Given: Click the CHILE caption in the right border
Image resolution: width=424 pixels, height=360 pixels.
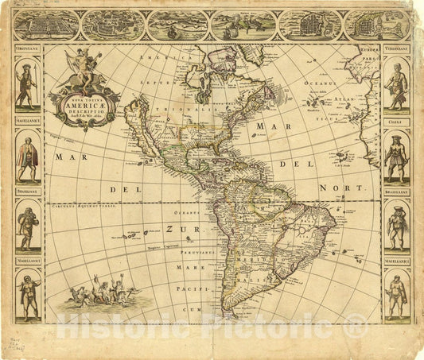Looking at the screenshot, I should pos(395,122).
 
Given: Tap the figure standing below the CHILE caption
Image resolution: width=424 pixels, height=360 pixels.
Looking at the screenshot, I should pos(395,158).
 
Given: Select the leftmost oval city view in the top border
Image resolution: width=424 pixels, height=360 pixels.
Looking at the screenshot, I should pos(47,26).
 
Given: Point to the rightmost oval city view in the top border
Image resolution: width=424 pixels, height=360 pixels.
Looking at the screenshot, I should pos(376,25).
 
